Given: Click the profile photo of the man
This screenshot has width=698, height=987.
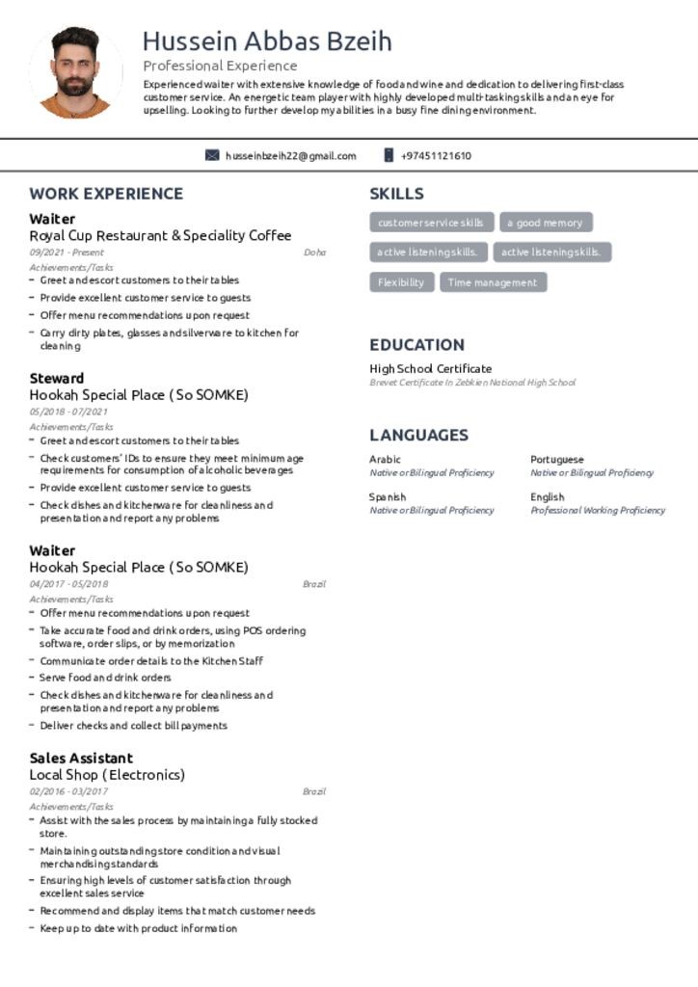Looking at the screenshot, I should point(75,72).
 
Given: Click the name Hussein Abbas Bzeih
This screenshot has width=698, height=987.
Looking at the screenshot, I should point(267,41).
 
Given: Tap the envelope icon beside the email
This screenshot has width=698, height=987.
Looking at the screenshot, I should point(212,155).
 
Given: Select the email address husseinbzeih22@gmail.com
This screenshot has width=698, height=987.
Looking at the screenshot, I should point(290,156).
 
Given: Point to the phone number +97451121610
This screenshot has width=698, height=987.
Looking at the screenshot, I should point(436,156).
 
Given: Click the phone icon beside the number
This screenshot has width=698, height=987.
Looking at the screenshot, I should point(389,155).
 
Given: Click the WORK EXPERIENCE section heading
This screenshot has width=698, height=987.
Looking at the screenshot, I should point(106,194).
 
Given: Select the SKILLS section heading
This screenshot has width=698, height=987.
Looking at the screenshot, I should point(396,194).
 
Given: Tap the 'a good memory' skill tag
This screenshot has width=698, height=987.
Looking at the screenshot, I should point(546,223).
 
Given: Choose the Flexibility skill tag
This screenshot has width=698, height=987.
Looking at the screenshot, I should point(401,282).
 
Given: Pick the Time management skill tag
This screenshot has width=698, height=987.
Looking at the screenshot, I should point(493,282).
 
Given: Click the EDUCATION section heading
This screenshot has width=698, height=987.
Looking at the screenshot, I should point(416,345).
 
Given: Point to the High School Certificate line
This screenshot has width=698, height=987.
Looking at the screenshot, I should point(430,368).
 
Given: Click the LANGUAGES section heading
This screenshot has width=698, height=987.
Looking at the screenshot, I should point(418,436).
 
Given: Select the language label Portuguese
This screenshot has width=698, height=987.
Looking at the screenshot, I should point(556,460).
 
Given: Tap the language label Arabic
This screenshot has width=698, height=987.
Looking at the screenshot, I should point(385,460).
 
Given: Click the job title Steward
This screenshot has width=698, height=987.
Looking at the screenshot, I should point(56,378).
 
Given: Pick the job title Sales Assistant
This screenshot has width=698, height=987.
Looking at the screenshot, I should point(81,758).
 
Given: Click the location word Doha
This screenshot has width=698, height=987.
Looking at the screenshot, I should point(314,253).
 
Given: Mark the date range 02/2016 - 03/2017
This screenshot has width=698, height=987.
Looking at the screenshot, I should point(68,791).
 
